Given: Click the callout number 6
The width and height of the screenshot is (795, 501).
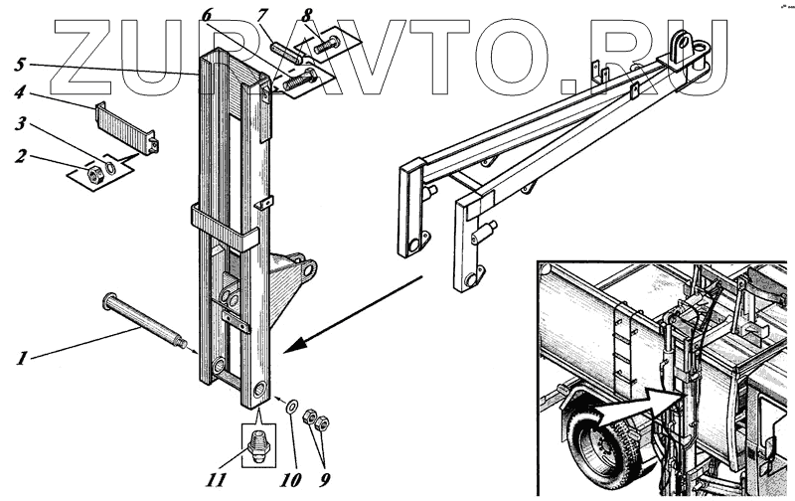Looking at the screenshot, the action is click(207, 14).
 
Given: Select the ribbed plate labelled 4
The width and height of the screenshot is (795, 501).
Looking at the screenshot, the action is click(125, 124).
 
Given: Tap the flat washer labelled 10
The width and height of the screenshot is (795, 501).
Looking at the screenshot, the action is click(292, 407).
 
